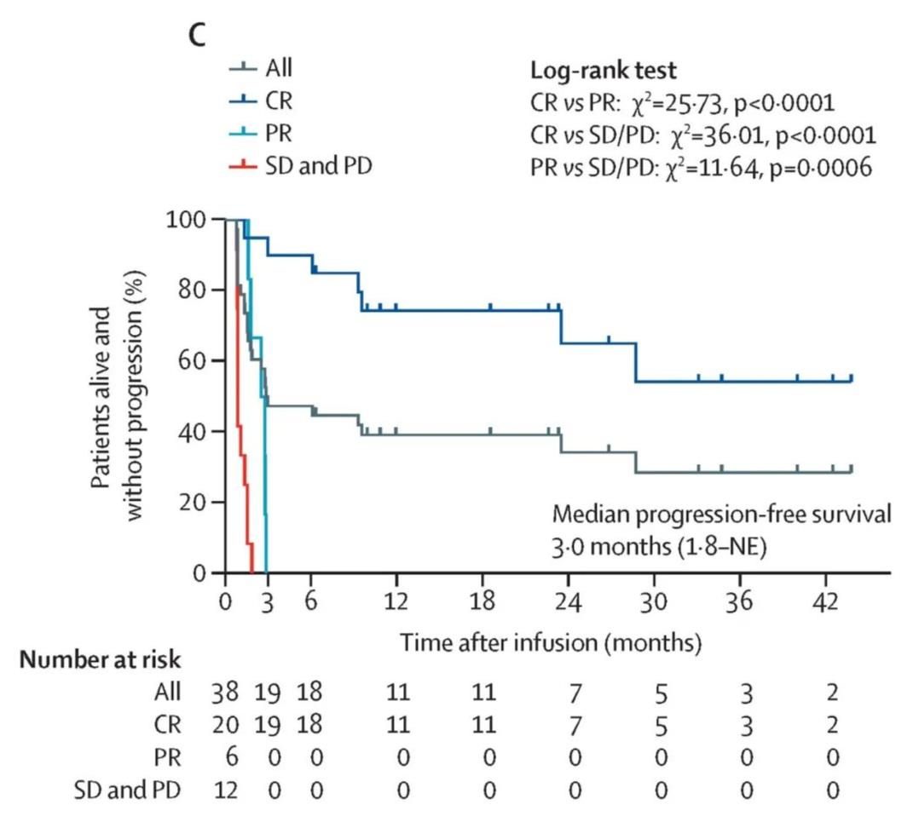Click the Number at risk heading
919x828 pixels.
click(101, 660)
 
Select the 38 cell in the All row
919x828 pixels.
click(225, 692)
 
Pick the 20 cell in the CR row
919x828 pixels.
click(225, 725)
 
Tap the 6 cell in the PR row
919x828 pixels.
click(225, 757)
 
